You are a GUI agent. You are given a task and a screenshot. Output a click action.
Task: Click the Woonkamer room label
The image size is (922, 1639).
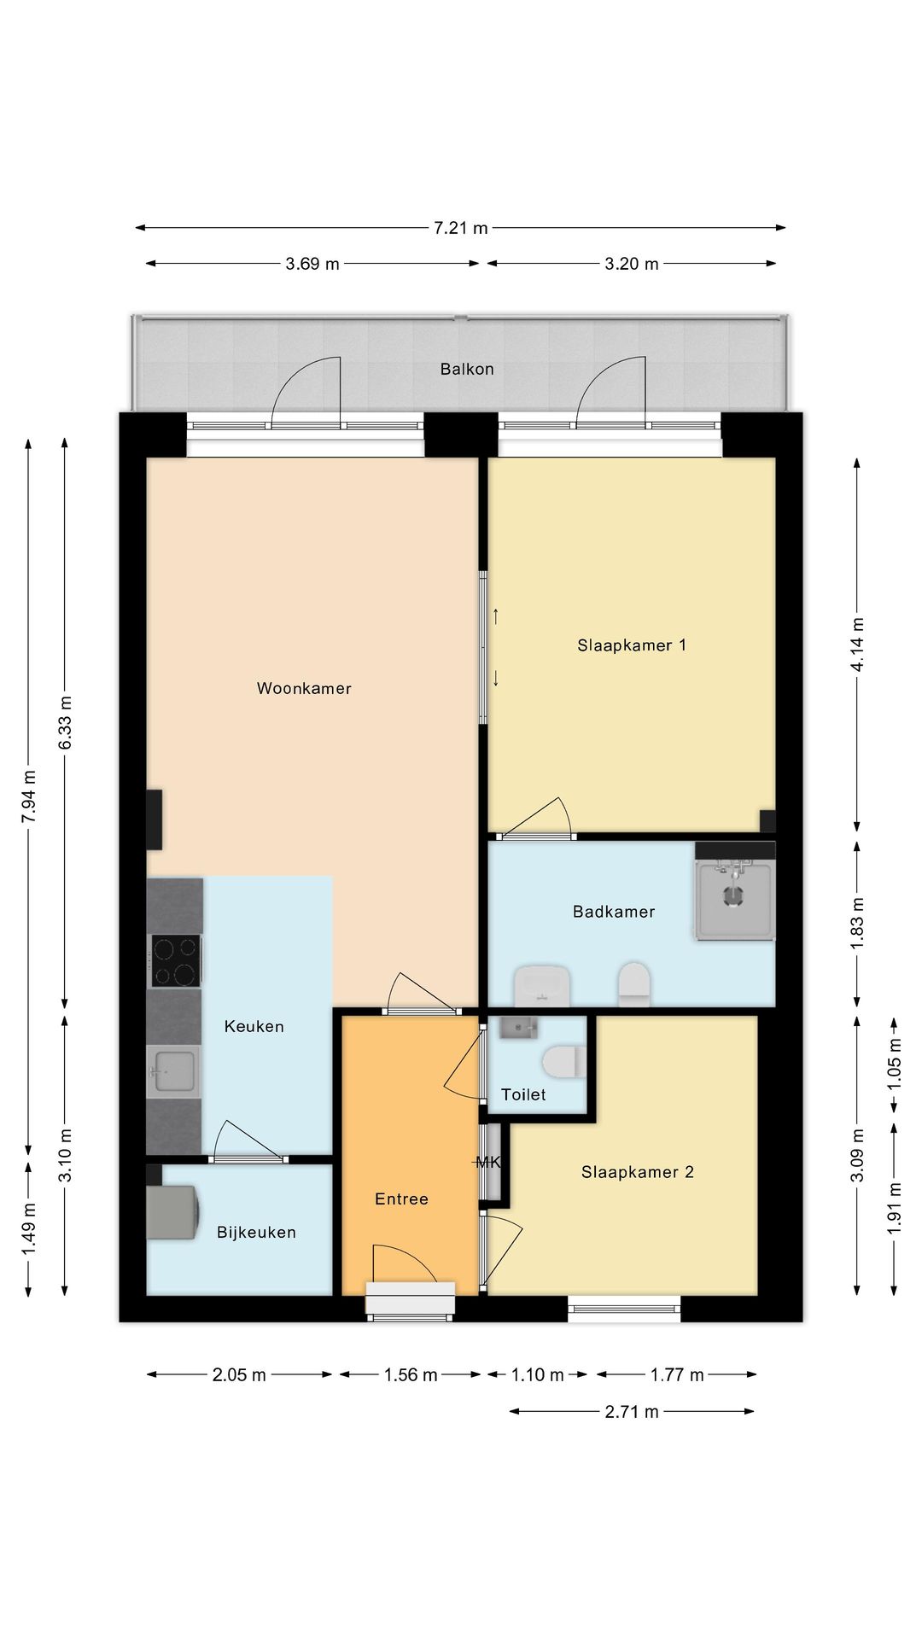point(304,688)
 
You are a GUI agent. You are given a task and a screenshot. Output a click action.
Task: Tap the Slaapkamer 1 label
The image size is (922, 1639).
point(632,645)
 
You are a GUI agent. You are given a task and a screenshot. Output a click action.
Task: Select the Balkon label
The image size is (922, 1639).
point(467,369)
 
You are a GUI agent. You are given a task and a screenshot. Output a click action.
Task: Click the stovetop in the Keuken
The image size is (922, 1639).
point(176,960)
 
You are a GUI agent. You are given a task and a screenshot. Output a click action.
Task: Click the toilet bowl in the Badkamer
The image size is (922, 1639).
point(634,984)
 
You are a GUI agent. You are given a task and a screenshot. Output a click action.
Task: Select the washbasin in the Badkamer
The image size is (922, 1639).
point(542,986)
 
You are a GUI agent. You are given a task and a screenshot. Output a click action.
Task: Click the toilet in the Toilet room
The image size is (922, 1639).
point(564,1062)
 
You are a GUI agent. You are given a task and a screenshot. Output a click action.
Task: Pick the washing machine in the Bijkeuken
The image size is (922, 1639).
point(173,1212)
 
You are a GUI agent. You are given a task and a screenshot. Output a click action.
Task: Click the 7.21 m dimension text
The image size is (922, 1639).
point(461,228)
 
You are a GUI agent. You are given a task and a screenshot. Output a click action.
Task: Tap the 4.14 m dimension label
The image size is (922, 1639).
point(857,645)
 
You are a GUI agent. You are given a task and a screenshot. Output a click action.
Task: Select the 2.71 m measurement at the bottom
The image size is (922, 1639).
point(632,1412)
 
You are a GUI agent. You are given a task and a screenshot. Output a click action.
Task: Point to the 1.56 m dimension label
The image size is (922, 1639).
point(411,1374)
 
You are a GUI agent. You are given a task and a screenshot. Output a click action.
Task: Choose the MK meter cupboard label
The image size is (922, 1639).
point(487,1162)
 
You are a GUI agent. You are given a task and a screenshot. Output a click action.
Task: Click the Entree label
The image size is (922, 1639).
point(401,1199)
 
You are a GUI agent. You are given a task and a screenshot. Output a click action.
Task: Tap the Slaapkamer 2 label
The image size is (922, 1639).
point(638,1172)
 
